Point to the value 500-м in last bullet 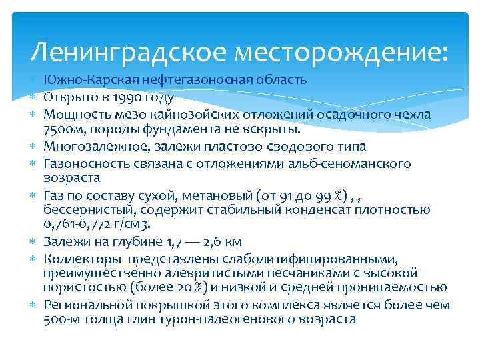[59, 319]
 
